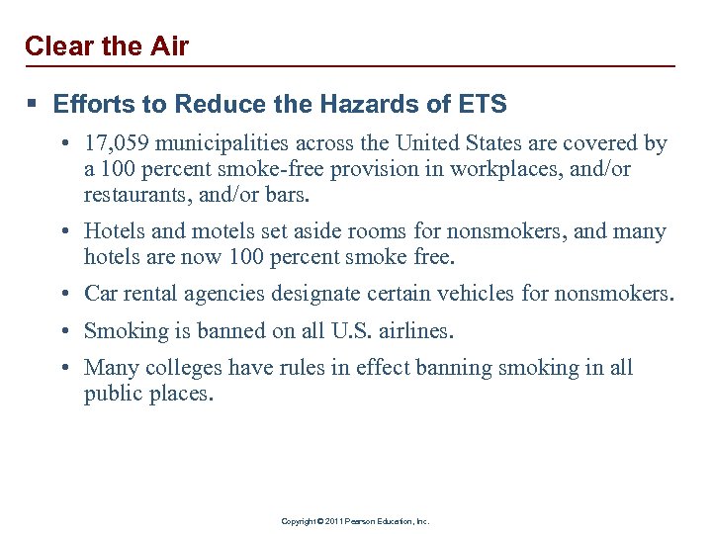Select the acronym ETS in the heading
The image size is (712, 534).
pos(483,104)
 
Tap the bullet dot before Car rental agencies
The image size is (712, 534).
pos(62,295)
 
